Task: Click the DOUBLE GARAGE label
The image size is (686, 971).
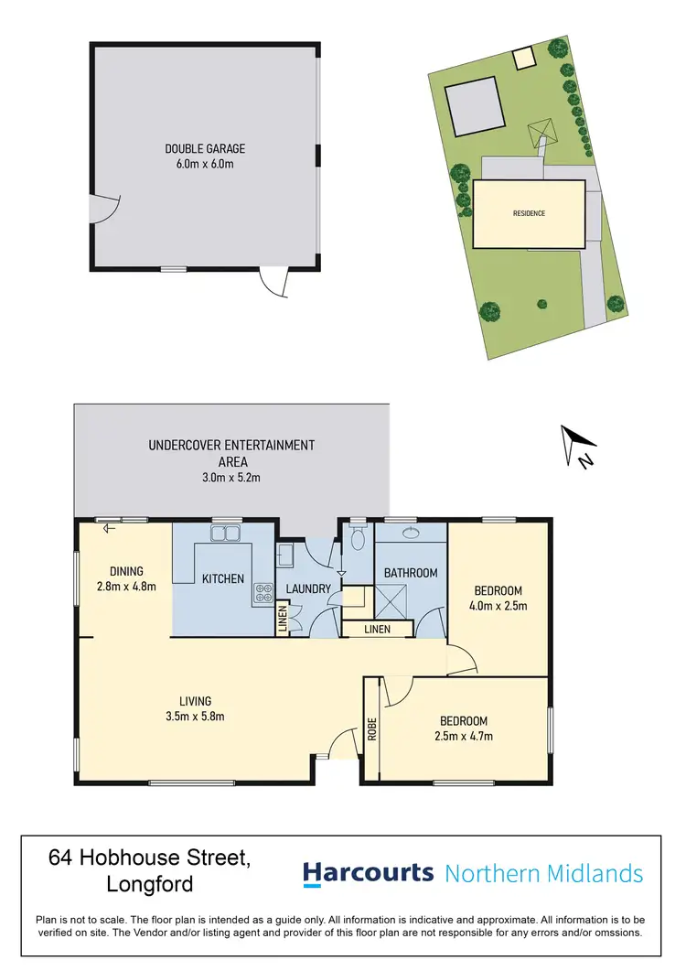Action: [205, 148]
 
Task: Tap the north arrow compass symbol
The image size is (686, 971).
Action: [574, 446]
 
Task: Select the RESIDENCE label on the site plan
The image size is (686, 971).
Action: [529, 213]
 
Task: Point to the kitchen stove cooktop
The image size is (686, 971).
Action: [263, 592]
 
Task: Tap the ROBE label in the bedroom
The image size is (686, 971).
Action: [371, 729]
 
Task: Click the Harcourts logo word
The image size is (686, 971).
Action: [368, 872]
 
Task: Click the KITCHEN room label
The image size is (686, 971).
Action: [223, 578]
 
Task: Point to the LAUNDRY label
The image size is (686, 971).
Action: [308, 588]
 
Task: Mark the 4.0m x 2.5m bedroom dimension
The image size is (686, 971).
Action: [498, 605]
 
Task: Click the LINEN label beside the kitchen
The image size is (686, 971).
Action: [282, 620]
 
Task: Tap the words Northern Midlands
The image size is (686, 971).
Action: [543, 873]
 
